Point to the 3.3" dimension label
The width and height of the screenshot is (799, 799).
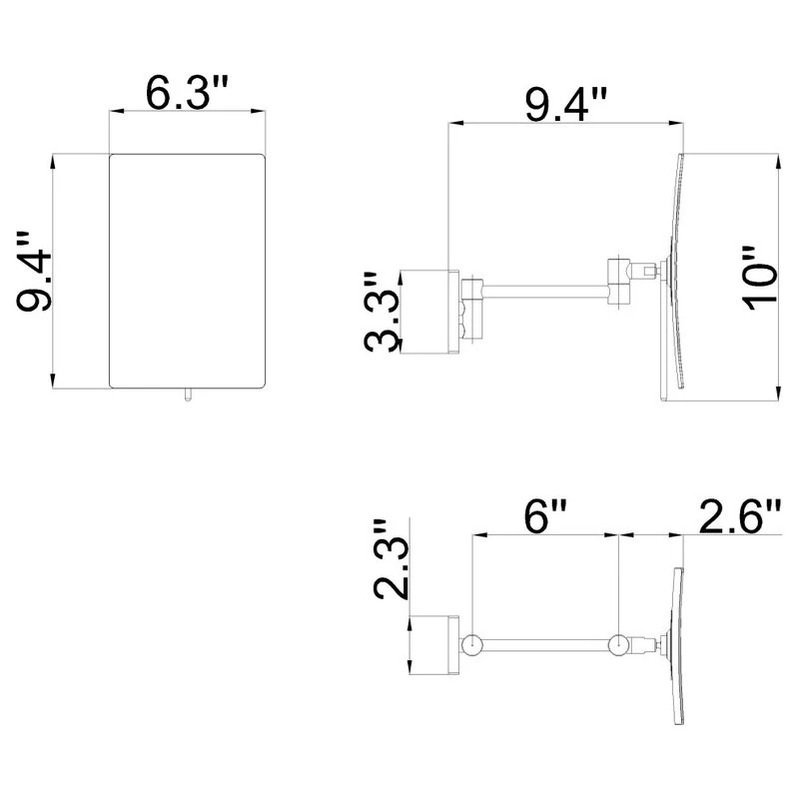pyautogui.click(x=383, y=312)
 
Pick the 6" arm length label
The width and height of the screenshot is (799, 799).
pyautogui.click(x=546, y=518)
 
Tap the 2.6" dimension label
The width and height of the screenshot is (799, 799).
pyautogui.click(x=740, y=518)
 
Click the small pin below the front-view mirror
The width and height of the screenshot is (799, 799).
pyautogui.click(x=186, y=396)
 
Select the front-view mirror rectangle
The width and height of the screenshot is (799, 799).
pyautogui.click(x=187, y=270)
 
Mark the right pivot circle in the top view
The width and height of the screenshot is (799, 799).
pyautogui.click(x=620, y=645)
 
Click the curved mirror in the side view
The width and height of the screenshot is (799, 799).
pyautogui.click(x=677, y=275)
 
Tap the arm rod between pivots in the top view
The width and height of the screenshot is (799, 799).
pyautogui.click(x=545, y=645)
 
